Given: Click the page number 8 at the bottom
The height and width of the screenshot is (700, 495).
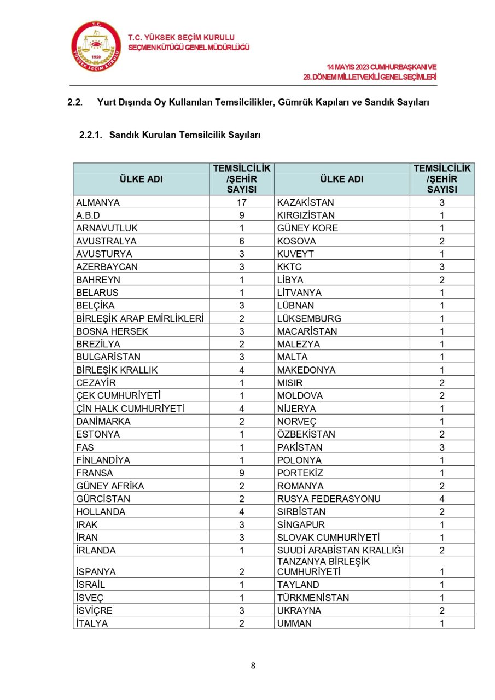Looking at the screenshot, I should click(x=253, y=666).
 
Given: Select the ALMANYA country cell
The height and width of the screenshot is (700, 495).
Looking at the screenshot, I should click(x=98, y=202).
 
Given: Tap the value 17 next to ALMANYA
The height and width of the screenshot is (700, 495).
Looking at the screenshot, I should click(x=241, y=202).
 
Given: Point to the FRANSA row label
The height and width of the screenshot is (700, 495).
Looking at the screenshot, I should click(x=95, y=473).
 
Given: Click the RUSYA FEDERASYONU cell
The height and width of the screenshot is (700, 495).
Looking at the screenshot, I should click(x=329, y=499).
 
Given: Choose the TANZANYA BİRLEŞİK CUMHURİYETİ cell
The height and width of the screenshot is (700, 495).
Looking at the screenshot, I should click(x=324, y=567).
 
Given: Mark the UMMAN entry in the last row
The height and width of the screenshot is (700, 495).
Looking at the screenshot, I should click(x=294, y=623).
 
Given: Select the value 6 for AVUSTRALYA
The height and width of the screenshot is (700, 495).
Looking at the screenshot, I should click(x=241, y=241).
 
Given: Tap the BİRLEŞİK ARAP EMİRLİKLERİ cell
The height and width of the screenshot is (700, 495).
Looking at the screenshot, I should click(x=140, y=318).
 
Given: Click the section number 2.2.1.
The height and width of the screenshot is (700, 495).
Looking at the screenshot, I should click(x=91, y=135).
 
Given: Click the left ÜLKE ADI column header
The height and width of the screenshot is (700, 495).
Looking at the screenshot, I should click(x=141, y=179).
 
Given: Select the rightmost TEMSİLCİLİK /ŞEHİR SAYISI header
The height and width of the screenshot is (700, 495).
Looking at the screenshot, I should click(x=442, y=179).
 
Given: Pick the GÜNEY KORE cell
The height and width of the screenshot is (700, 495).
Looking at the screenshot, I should click(x=307, y=228).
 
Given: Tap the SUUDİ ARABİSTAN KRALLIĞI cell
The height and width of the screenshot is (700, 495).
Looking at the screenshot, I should click(x=340, y=550).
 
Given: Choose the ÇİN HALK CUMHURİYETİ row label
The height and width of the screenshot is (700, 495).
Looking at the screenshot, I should click(x=130, y=409).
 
